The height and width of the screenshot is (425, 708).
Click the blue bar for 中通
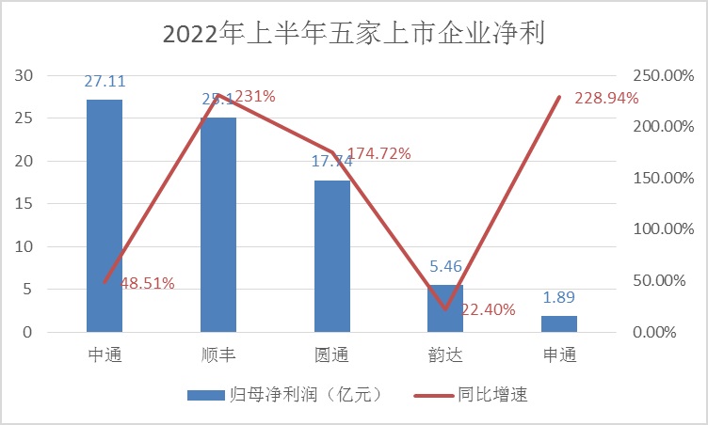click(x=105, y=215)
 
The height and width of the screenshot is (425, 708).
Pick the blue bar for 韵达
click(x=445, y=308)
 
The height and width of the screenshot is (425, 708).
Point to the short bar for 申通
click(x=559, y=323)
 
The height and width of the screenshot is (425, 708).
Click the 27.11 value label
click(x=105, y=82)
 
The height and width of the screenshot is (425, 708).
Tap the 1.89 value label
click(x=559, y=298)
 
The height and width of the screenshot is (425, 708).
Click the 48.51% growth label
click(x=148, y=283)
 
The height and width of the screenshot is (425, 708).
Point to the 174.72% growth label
click(x=378, y=153)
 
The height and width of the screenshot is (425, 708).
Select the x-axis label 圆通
click(x=331, y=355)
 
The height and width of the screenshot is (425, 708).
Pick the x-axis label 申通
click(x=559, y=355)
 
